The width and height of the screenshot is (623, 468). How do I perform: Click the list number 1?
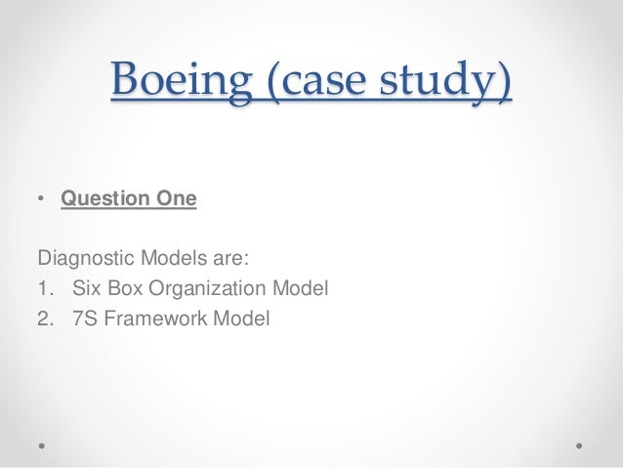43,288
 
